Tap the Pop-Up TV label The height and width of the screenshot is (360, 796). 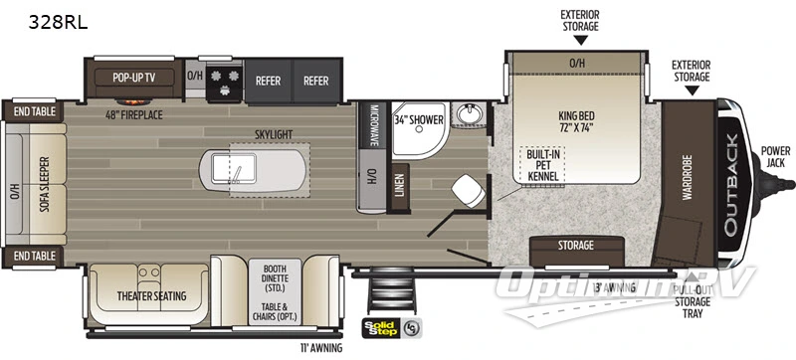134,76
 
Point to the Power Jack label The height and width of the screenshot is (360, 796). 776,157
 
